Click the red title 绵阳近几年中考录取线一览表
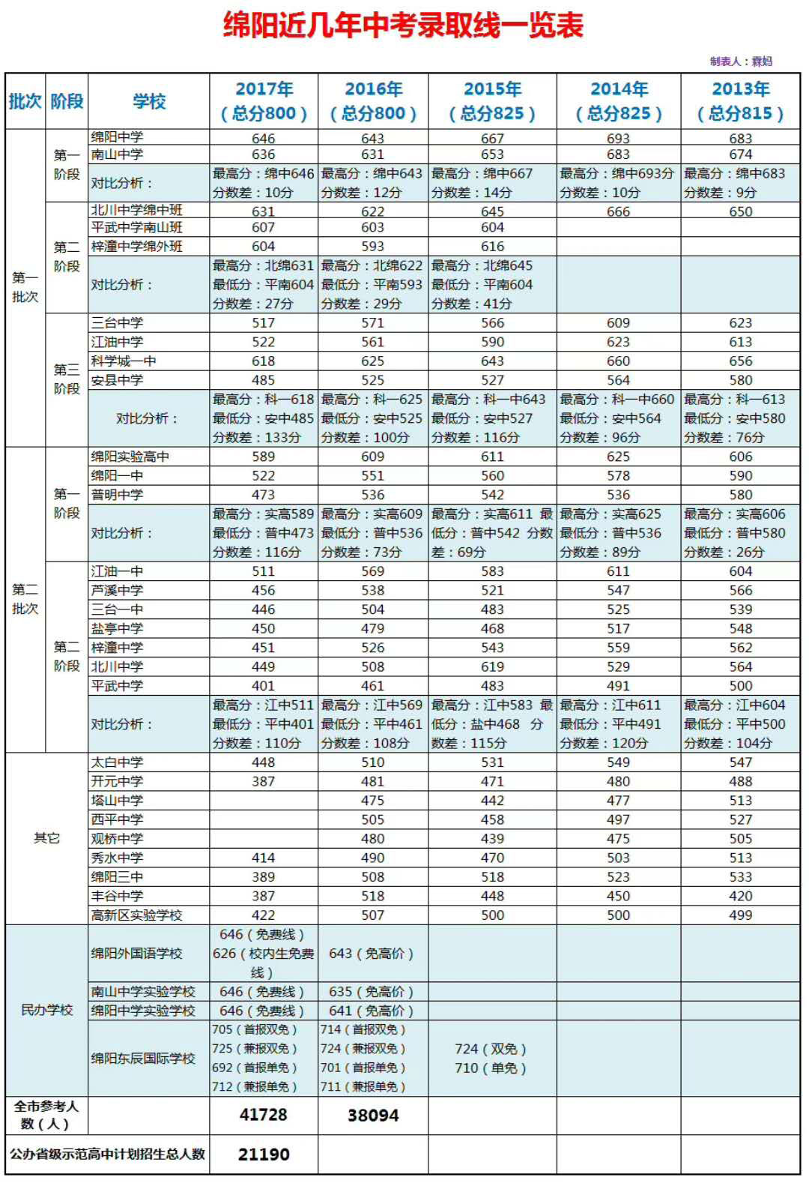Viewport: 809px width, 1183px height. point(403,26)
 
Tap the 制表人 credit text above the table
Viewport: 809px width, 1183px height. point(740,61)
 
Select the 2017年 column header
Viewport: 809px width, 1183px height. point(264,100)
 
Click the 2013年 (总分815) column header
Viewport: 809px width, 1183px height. point(740,100)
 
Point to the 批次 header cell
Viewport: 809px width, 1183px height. point(25,101)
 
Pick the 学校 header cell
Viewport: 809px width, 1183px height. point(148,101)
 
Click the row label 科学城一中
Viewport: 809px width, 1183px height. point(124,361)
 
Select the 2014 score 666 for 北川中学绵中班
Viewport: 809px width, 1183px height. point(618,212)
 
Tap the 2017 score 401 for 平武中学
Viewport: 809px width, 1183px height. point(263,686)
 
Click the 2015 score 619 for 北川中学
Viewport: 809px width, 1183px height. point(492,666)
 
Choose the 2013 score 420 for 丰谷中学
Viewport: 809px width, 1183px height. point(740,896)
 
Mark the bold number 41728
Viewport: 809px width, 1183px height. point(263,1115)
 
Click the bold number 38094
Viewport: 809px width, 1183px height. point(373,1116)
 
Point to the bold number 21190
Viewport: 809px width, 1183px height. point(263,1155)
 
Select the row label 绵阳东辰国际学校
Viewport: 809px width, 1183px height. point(143,1059)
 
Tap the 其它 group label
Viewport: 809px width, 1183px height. point(46,838)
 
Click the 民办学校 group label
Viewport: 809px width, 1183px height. point(46,1011)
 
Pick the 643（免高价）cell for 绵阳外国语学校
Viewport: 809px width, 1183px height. point(371,954)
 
